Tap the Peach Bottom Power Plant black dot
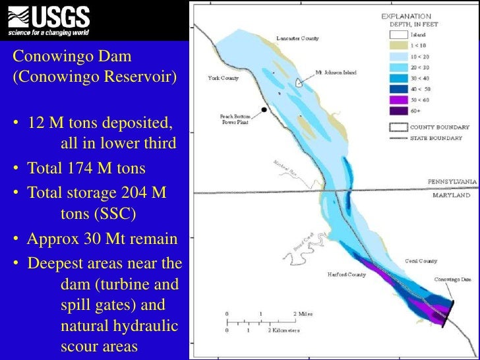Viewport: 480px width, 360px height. coord(264,109)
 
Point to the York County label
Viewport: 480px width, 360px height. coord(223,78)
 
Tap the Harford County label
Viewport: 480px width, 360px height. coord(347,274)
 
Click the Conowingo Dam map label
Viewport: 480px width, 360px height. coord(452,280)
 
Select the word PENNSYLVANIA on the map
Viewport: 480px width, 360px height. coord(452,181)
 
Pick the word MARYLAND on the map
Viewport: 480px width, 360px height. coord(452,196)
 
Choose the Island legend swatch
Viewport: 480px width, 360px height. coord(398,35)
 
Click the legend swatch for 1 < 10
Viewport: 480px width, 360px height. coord(398,45)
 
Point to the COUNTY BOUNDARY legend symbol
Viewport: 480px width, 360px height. coord(398,127)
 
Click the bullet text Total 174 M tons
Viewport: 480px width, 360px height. coord(86,169)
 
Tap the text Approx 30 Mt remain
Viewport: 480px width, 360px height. coord(102,239)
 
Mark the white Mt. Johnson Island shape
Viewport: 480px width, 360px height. coord(299,83)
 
